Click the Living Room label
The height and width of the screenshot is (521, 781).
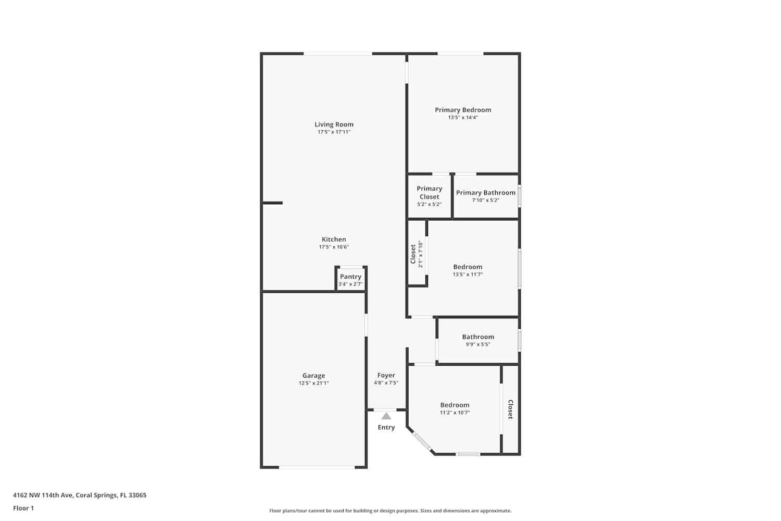[334, 124]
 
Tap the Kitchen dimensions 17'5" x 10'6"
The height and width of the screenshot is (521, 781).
[334, 247]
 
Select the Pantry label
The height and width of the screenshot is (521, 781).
[350, 277]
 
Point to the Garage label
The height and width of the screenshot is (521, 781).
[313, 376]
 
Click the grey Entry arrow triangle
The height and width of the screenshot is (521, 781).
[386, 416]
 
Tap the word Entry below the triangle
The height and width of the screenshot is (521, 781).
[386, 427]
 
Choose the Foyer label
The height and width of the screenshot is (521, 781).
[386, 376]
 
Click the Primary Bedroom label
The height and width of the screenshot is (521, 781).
[463, 110]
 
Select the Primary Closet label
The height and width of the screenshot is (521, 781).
[429, 193]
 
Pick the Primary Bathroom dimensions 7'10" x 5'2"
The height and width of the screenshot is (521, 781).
[485, 200]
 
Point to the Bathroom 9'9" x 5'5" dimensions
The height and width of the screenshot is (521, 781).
[478, 344]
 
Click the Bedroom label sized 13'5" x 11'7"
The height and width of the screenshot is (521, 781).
[468, 267]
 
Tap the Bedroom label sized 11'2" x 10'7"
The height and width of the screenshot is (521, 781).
[455, 405]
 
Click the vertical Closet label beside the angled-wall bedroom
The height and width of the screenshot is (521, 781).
[510, 410]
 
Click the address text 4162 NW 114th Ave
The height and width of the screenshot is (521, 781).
[43, 495]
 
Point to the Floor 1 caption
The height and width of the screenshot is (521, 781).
[23, 508]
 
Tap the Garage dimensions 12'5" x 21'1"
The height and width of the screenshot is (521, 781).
[313, 383]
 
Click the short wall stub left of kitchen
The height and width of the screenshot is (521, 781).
[272, 203]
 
